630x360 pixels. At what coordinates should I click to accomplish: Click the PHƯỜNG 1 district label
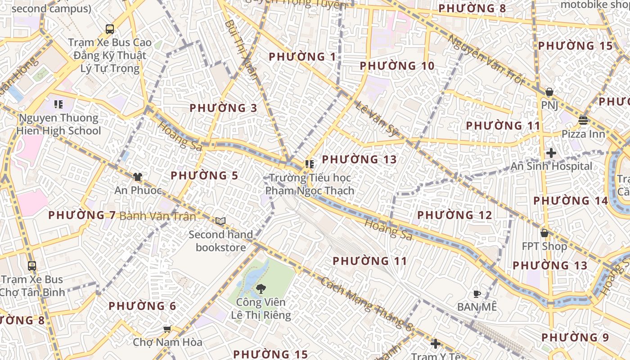click(x=302, y=57)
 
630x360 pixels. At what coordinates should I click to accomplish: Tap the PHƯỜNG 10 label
click(x=397, y=66)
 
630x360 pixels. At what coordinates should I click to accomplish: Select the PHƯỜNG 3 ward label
click(x=223, y=108)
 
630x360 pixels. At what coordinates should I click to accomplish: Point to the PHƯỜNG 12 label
click(x=454, y=215)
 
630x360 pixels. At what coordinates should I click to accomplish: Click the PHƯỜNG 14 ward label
click(x=571, y=201)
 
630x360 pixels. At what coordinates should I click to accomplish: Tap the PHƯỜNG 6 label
click(x=142, y=306)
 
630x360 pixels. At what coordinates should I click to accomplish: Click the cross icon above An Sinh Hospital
click(x=551, y=153)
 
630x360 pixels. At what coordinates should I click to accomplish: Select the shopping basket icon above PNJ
click(x=549, y=92)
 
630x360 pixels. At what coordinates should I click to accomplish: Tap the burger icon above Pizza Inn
click(x=583, y=120)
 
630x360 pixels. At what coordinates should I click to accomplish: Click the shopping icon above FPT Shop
click(x=544, y=233)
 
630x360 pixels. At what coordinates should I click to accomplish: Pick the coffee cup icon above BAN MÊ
click(x=477, y=294)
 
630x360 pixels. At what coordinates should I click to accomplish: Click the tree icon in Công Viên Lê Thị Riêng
click(x=261, y=288)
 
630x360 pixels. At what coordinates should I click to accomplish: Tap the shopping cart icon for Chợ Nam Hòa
click(x=167, y=329)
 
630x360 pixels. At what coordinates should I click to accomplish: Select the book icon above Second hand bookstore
click(x=220, y=221)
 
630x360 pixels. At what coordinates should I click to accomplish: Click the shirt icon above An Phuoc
click(x=138, y=177)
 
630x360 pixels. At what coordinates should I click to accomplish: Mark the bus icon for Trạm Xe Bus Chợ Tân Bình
click(x=31, y=265)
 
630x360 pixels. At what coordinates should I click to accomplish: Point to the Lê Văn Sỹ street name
click(x=377, y=119)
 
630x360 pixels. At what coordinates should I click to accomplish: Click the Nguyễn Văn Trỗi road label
click(x=486, y=60)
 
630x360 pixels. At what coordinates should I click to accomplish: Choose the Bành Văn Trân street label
click(x=157, y=216)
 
